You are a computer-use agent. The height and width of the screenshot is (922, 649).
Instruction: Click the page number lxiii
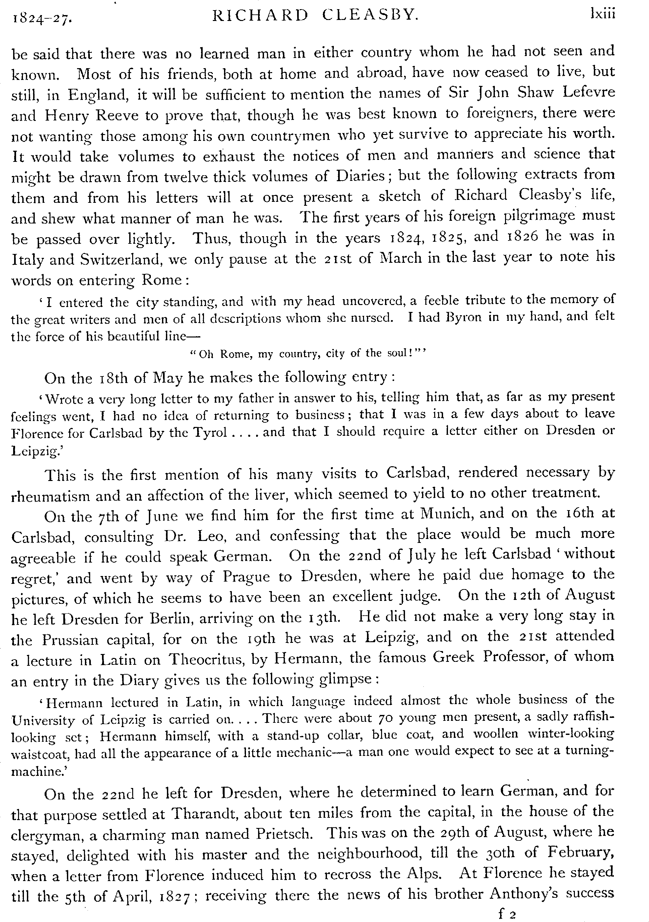coord(602,14)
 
